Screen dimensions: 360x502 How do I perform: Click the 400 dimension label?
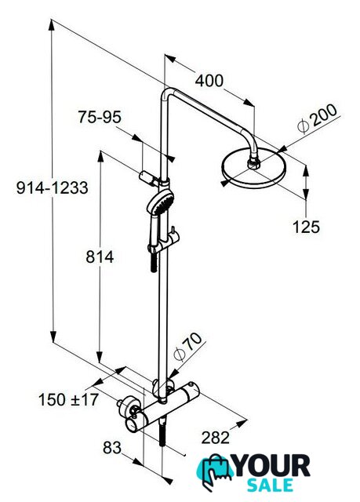pyautogui.click(x=209, y=81)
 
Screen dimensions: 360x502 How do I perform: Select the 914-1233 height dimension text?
pyautogui.click(x=53, y=187)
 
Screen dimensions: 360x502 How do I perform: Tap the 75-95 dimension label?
pyautogui.click(x=100, y=117)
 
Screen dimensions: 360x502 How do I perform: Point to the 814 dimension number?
pyautogui.click(x=100, y=256)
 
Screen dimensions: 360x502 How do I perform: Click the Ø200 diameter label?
pyautogui.click(x=317, y=118)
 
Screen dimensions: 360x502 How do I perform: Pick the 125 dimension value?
pyautogui.click(x=306, y=227)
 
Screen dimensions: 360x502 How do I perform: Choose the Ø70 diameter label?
pyautogui.click(x=187, y=347)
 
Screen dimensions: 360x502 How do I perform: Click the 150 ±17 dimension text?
pyautogui.click(x=68, y=399)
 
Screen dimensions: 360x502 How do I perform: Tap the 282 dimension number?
pyautogui.click(x=216, y=438)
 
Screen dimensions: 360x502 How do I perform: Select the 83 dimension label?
pyautogui.click(x=112, y=448)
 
